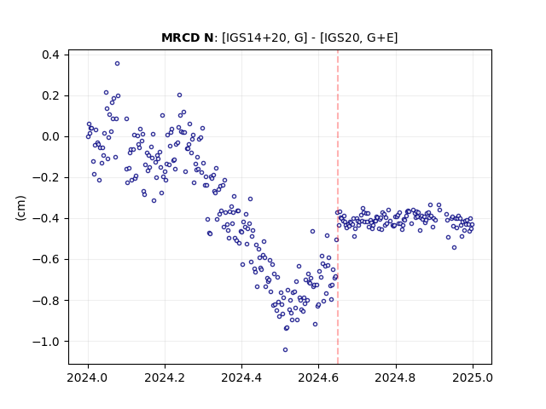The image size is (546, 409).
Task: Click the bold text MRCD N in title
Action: click(x=188, y=37)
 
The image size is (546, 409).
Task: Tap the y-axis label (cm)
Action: click(x=20, y=208)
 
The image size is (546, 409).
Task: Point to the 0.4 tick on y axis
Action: click(x=50, y=55)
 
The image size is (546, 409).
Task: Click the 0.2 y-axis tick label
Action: click(x=50, y=95)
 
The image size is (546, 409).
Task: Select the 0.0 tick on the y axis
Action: click(x=50, y=136)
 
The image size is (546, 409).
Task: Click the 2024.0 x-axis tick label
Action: click(x=88, y=377)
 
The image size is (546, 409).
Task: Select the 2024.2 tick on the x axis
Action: click(x=165, y=377)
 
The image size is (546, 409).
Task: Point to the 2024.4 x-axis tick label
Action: click(x=241, y=377)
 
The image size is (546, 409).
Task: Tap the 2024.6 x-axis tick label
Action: click(x=318, y=377)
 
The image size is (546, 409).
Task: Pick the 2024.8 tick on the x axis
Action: click(x=396, y=377)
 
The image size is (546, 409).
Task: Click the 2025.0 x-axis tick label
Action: click(x=473, y=377)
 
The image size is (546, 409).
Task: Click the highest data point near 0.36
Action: click(x=118, y=64)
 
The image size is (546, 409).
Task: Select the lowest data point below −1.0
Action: click(x=285, y=350)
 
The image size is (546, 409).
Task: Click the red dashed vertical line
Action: click(x=338, y=207)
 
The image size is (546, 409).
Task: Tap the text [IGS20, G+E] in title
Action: click(x=358, y=37)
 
